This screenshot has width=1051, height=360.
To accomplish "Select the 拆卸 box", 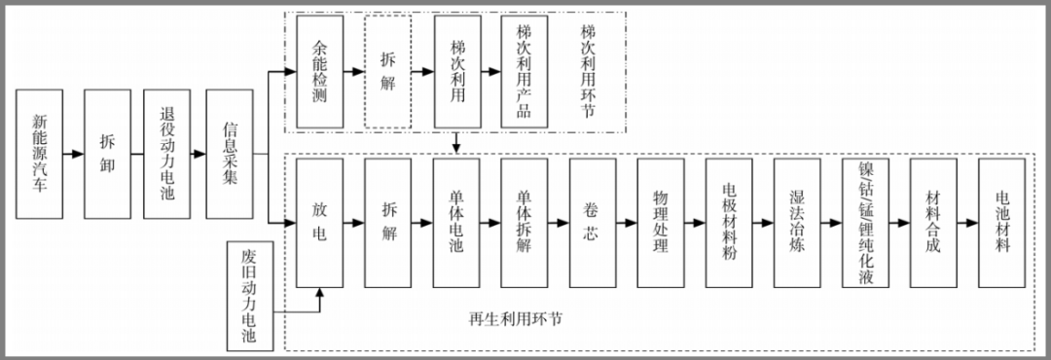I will point(107,154).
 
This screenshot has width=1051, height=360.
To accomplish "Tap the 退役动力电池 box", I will point(167,154).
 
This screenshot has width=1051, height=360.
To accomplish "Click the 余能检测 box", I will point(319,72).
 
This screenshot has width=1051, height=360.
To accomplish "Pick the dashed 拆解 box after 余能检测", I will point(388,72).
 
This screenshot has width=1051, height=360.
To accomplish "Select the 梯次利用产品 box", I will point(525,72).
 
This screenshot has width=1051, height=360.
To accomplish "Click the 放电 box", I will point(319,223).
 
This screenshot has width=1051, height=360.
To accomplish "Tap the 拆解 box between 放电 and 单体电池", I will point(388,223).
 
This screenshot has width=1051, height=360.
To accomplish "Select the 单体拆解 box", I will point(525,223).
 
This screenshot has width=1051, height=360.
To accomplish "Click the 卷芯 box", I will point(593,223).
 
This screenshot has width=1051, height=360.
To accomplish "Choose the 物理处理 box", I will point(661,223).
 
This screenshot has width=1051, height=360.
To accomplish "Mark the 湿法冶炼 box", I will point(797,223).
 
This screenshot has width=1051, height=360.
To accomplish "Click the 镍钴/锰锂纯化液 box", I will point(865,223).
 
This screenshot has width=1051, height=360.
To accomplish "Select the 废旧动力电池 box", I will point(249,296).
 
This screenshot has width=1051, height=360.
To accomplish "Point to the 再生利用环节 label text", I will point(516,319).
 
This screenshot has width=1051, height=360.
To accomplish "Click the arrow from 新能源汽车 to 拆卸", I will point(73,154).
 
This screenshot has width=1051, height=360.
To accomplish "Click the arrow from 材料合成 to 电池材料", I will point(968,223).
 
